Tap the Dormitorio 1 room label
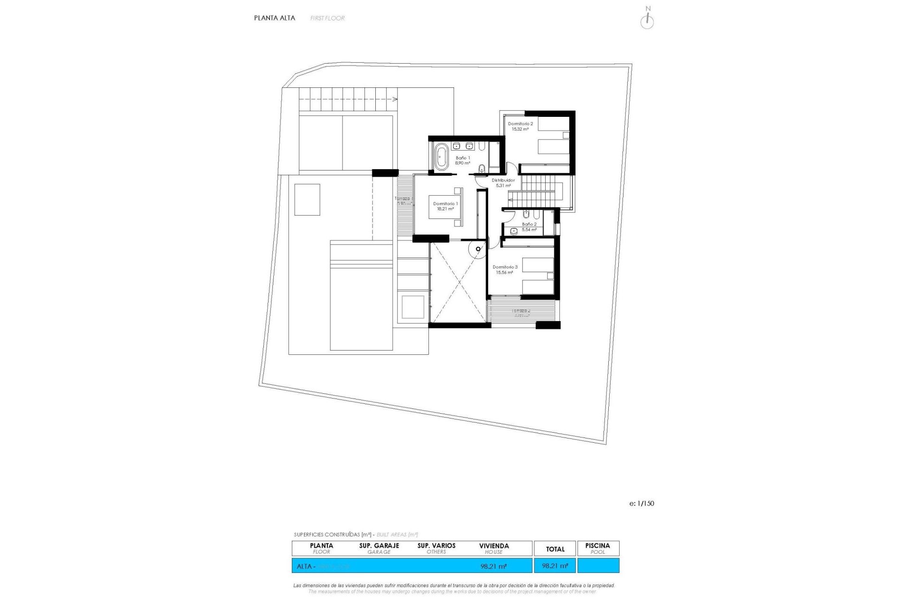pos(445,204)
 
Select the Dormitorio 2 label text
pos(520,124)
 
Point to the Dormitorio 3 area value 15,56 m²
pos(504,273)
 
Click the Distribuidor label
pos(503,180)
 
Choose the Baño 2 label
pos(529,224)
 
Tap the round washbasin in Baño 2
pos(514,231)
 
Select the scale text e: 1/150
pos(641,503)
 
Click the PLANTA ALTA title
pos(274,18)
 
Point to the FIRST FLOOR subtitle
pos(327,18)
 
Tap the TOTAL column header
pos(555,549)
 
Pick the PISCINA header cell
pos(597,546)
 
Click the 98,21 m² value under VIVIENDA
pos(493,566)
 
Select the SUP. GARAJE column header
pos(379,546)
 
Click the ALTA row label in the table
pos(304,566)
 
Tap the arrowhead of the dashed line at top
pos(395,99)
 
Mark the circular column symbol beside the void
pos(478,249)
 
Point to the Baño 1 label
pos(463,158)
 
